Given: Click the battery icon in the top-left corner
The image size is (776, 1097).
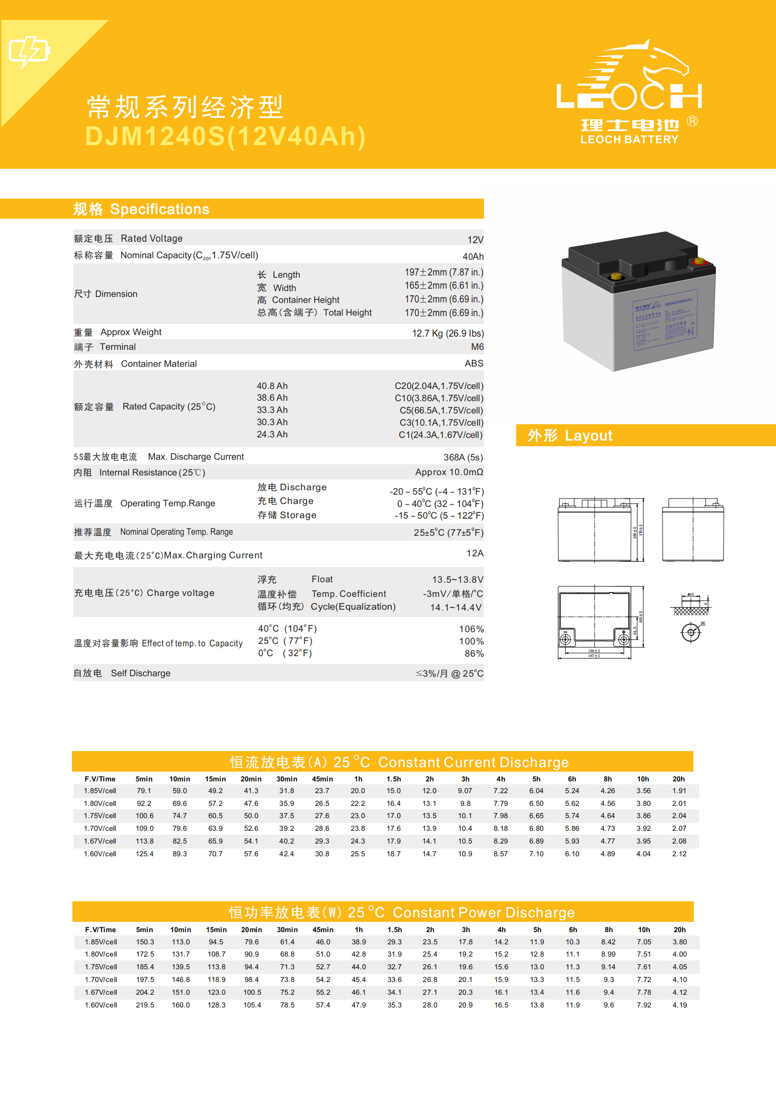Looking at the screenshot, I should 29,51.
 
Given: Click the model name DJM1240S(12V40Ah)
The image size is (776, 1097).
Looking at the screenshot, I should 226,137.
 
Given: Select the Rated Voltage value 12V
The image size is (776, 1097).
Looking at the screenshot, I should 475,240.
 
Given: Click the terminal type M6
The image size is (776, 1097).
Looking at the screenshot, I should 477,347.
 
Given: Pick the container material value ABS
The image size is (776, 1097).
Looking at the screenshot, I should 474,364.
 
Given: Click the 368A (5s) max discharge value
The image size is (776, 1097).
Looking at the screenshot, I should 463,457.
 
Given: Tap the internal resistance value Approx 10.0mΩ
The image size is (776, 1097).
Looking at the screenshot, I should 449,472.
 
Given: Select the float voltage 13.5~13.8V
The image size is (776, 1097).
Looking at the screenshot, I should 457,580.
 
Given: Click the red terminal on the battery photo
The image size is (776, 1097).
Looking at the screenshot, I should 699,261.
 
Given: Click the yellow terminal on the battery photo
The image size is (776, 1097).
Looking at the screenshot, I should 616,277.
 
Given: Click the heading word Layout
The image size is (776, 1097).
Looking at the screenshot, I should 588,435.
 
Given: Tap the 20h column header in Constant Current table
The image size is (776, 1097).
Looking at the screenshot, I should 679,779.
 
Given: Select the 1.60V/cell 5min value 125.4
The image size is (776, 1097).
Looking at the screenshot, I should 144,854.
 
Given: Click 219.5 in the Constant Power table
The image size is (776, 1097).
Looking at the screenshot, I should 145,1005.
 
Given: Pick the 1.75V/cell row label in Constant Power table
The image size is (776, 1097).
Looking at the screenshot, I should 101,967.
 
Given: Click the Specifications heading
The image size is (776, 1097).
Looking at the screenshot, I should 160,209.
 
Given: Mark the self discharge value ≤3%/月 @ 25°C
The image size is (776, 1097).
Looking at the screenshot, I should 449,674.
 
